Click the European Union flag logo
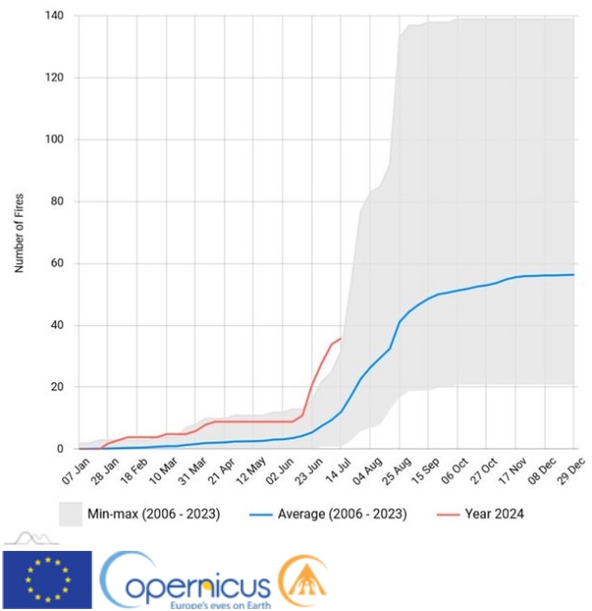pyautogui.click(x=47, y=579)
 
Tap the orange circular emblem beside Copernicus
pyautogui.click(x=302, y=581)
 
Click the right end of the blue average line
pyautogui.click(x=573, y=275)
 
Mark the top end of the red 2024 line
pyautogui.click(x=341, y=338)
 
